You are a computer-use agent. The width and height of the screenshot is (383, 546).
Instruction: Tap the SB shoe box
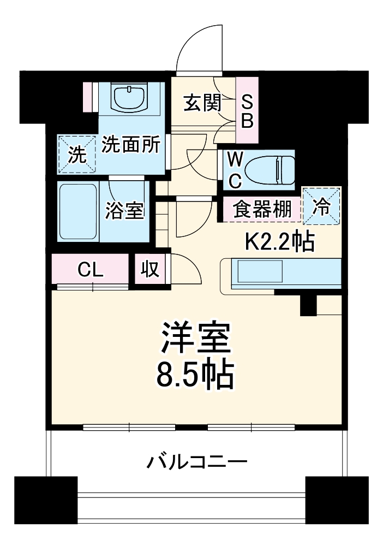[x=247, y=111]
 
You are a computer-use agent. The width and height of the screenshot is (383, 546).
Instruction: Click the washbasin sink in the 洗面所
[x=130, y=97]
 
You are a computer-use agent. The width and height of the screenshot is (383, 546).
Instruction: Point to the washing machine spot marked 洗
[x=77, y=155]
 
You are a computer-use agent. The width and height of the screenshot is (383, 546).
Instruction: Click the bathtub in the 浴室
[x=78, y=212]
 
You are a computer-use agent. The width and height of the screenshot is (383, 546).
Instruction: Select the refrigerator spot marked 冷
[x=322, y=205]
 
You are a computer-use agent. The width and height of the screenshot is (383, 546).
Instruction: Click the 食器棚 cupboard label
[x=262, y=210]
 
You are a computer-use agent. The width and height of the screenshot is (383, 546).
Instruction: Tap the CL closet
[x=90, y=269]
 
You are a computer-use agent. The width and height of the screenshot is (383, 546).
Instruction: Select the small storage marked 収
[x=149, y=269]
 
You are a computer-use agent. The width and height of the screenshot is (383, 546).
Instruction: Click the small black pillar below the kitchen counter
[x=308, y=305]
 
